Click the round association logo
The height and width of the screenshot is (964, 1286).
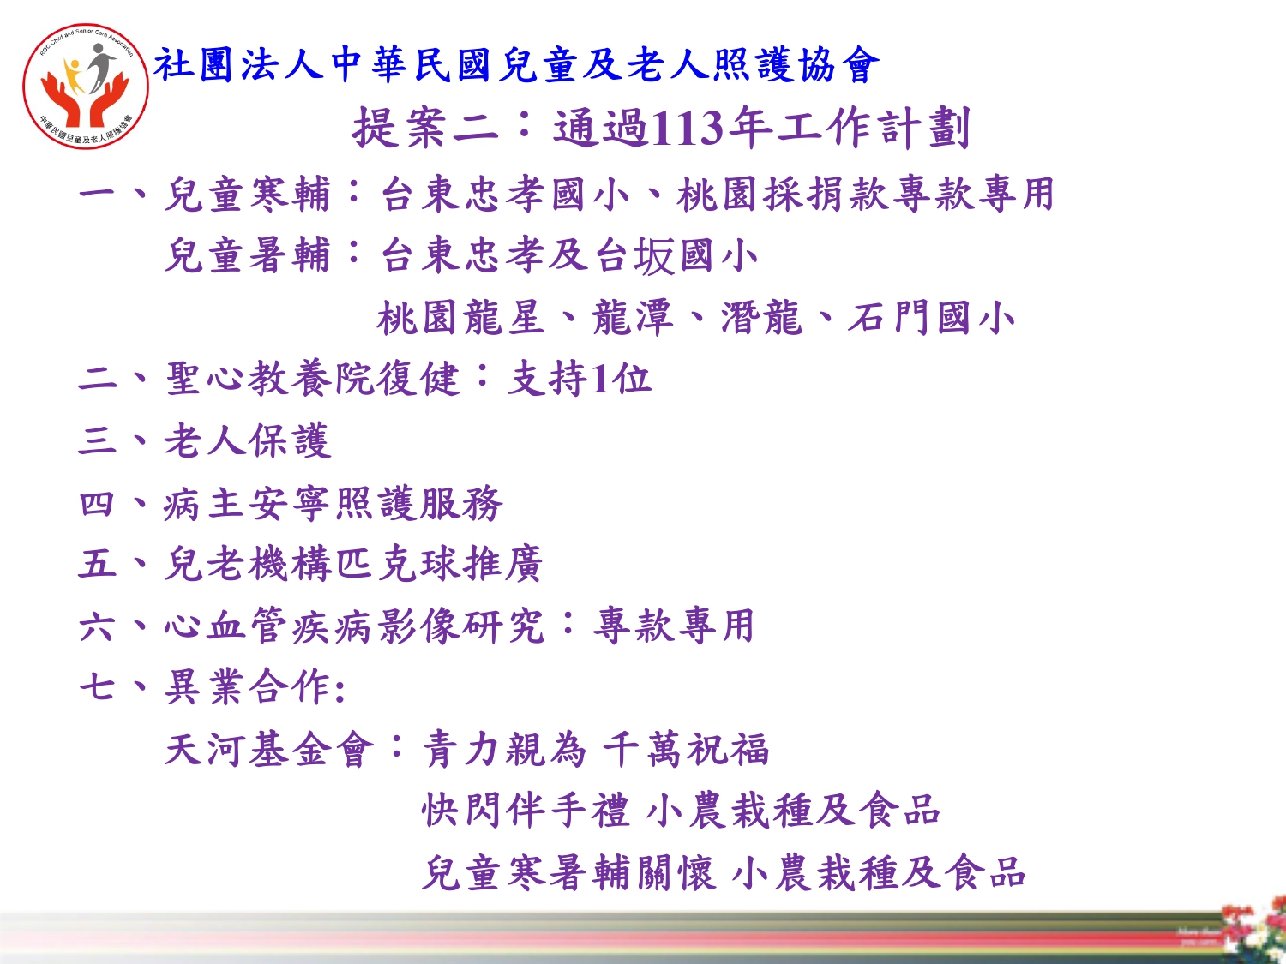[86, 86]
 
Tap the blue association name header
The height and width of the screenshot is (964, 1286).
[516, 64]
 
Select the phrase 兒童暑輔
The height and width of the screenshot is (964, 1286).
[247, 255]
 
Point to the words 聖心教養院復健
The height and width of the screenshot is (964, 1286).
[312, 378]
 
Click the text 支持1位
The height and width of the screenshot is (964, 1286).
[580, 378]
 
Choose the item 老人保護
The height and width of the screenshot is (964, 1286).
[248, 440]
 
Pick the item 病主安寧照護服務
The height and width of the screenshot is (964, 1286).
[333, 503]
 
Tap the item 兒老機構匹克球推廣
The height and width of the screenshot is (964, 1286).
[353, 564]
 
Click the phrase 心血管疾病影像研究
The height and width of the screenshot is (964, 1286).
[354, 626]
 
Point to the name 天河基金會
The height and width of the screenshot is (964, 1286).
[269, 749]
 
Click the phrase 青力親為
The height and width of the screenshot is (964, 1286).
[504, 749]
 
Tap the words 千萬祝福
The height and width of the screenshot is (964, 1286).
[686, 749]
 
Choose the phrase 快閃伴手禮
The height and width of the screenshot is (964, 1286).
[526, 810]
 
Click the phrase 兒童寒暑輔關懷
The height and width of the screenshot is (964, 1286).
[568, 872]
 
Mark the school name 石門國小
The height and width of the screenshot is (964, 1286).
[932, 318]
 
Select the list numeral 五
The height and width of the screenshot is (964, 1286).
[97, 564]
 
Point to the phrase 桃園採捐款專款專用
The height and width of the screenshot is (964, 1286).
[866, 194]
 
